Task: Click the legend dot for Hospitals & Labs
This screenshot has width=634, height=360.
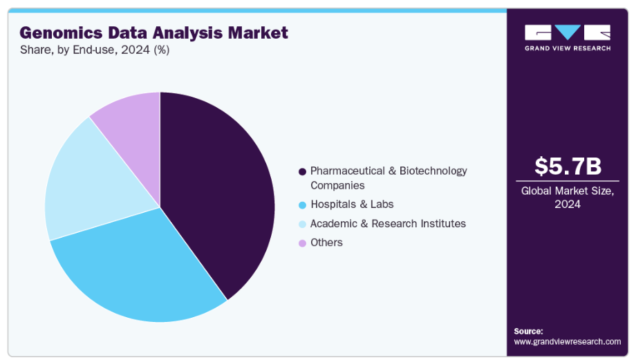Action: [x=301, y=205]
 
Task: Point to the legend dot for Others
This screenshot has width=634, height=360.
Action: [x=301, y=243]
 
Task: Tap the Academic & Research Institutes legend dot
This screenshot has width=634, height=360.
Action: [x=301, y=224]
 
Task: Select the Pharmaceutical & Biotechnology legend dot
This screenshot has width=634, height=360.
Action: [x=301, y=171]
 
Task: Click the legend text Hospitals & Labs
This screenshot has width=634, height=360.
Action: [x=352, y=205]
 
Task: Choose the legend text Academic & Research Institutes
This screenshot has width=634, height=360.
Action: [x=388, y=224]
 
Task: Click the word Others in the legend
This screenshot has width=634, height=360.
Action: [x=326, y=243]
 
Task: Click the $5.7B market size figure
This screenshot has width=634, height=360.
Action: [x=568, y=167]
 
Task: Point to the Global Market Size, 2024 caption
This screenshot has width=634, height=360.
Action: [x=568, y=198]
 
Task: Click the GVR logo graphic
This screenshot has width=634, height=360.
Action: [x=568, y=32]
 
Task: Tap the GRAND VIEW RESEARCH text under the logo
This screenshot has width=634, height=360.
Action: [x=568, y=48]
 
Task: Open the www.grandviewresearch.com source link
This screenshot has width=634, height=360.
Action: [x=568, y=341]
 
